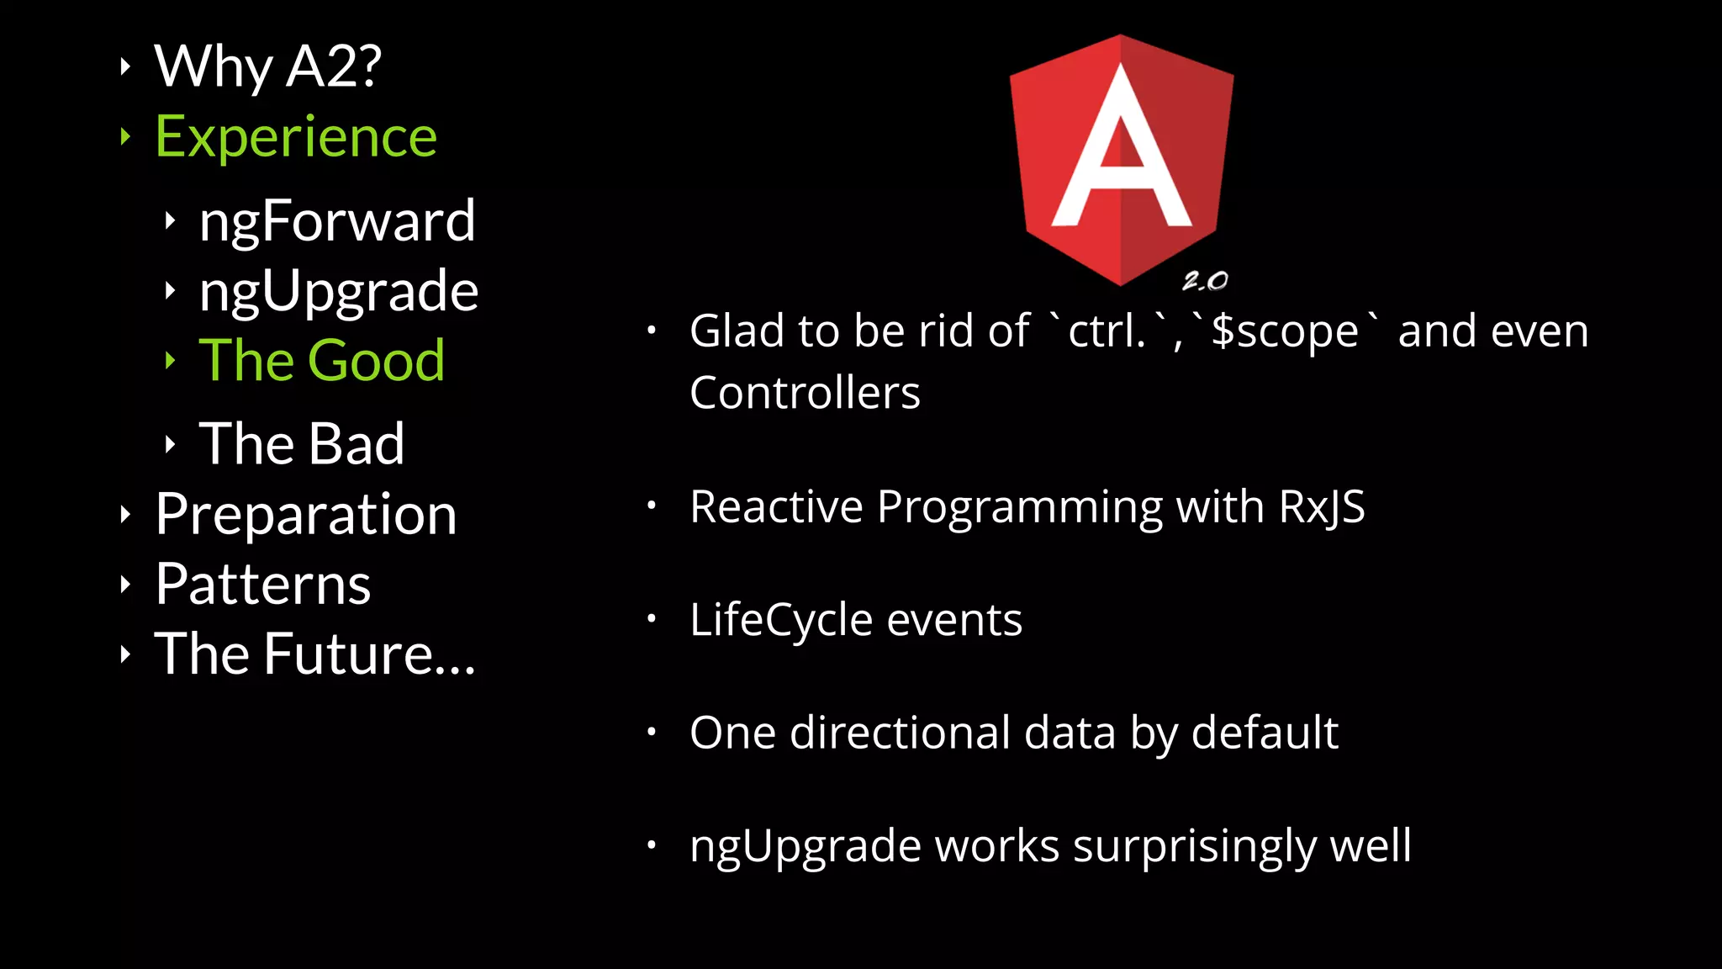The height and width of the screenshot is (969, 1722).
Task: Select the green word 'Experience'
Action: click(x=296, y=136)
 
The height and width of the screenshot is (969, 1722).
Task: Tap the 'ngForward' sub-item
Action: click(x=337, y=220)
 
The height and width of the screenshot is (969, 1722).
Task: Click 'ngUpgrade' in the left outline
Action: click(x=338, y=291)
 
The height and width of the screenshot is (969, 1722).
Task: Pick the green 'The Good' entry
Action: click(x=321, y=360)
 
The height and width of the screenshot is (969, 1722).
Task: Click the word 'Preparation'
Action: click(x=306, y=514)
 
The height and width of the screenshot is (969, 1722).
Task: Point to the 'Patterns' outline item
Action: click(x=262, y=584)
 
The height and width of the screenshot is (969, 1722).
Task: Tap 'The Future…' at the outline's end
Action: click(x=315, y=654)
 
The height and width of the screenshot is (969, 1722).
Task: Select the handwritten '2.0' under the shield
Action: click(x=1205, y=281)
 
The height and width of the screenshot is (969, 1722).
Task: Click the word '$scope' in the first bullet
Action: click(x=1285, y=331)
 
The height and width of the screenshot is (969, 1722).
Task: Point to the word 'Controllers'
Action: click(x=805, y=393)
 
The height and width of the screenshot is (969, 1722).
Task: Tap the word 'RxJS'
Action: click(x=1321, y=507)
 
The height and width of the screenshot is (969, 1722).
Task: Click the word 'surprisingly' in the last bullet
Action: click(x=1193, y=845)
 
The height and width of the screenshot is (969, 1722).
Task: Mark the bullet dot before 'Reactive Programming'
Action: click(x=651, y=506)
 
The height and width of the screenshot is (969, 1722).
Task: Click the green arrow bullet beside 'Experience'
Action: click(x=125, y=136)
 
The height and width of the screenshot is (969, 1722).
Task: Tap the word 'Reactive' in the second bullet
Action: click(x=776, y=507)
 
